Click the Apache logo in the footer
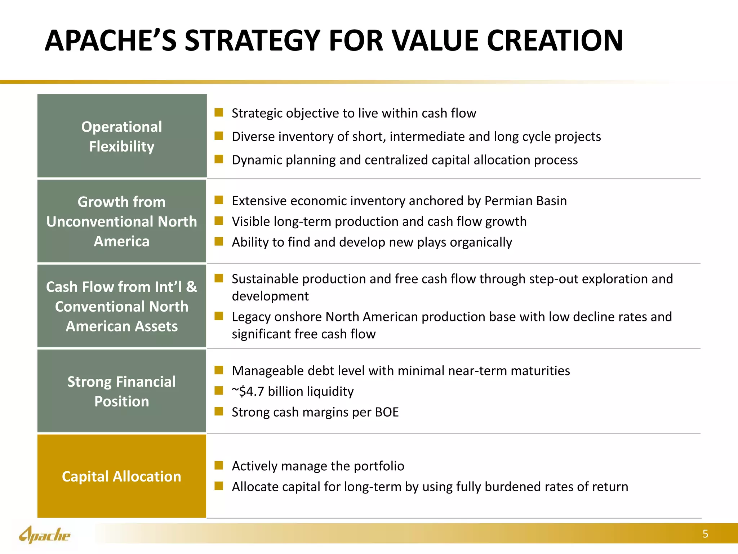tap(45, 535)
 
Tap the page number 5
tap(705, 534)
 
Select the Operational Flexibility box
tap(122, 136)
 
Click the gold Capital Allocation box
tap(122, 476)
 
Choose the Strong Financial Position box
tap(122, 391)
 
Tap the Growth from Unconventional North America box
tap(122, 221)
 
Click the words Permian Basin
tap(525, 201)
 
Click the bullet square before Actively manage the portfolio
tap(219, 465)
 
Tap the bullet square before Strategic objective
tap(219, 113)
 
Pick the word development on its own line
tap(270, 296)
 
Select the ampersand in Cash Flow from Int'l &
tap(191, 287)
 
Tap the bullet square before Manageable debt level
tap(219, 370)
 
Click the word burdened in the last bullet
tap(512, 487)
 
